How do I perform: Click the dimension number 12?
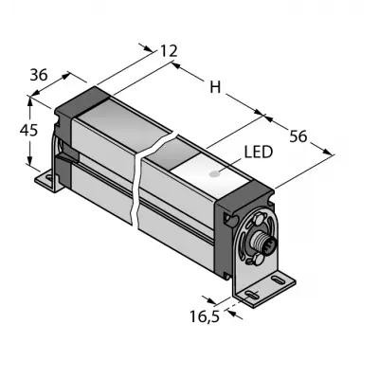pos(169,51)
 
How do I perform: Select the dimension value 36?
pos(39,75)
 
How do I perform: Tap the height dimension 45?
pos(28,130)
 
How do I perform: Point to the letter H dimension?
pos(215,87)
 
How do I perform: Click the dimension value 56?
pos(298,136)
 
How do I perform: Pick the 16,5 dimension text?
pos(205,316)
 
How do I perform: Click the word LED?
pos(258,153)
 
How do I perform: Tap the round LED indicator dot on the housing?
pos(215,173)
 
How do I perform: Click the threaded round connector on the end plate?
pos(260,239)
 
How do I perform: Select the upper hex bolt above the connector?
pos(258,219)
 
